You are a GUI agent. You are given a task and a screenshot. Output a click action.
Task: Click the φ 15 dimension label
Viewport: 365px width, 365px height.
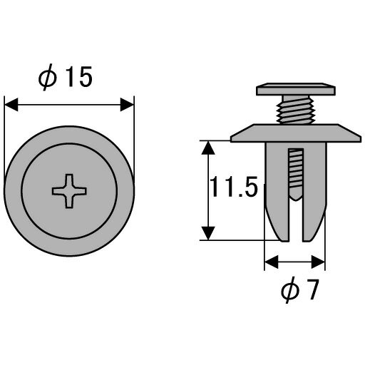tap(65, 77)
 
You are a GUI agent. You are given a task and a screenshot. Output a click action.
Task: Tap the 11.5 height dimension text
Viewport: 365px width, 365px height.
tap(234, 187)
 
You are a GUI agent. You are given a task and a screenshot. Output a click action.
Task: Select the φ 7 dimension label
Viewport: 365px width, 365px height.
tap(299, 290)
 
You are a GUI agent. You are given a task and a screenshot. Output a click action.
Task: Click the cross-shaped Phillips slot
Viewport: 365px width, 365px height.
tap(69, 191)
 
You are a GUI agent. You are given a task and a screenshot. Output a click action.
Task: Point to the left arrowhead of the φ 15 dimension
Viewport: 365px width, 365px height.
tap(11, 104)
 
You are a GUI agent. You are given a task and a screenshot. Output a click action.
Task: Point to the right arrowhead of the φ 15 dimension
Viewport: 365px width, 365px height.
tap(127, 104)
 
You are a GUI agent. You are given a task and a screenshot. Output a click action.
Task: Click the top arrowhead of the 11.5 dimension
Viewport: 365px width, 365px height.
tap(208, 148)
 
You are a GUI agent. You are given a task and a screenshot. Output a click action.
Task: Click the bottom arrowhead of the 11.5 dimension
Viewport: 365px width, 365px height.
tap(208, 233)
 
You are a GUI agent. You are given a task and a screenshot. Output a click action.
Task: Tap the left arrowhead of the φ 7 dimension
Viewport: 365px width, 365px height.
tap(272, 262)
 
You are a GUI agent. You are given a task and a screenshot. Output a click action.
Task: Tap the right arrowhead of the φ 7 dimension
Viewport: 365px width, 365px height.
tap(318, 262)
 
